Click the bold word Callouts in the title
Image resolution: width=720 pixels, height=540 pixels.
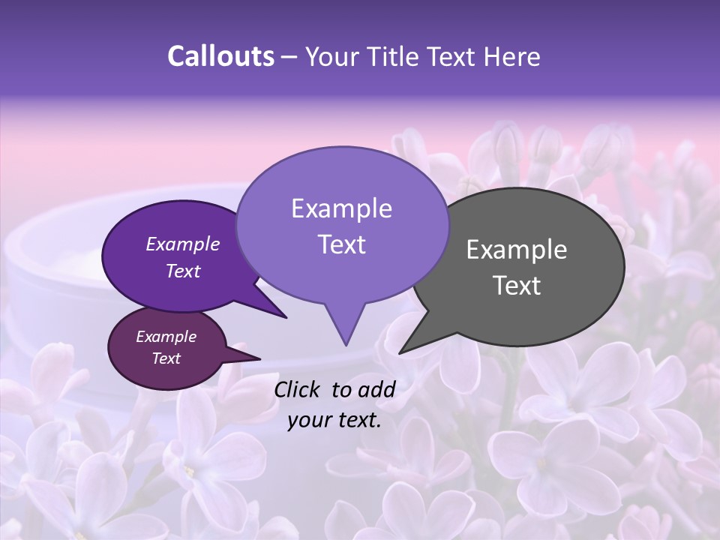click(220, 56)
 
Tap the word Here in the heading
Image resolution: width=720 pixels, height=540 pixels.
click(513, 56)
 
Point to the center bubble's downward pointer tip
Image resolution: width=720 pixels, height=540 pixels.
click(346, 344)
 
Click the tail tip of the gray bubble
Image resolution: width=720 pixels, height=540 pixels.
click(400, 352)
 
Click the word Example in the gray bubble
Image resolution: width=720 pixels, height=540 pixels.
click(517, 250)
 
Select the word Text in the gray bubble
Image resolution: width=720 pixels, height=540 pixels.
click(517, 286)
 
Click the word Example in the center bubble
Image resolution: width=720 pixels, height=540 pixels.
click(341, 208)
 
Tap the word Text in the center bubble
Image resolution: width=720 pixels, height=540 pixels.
click(341, 244)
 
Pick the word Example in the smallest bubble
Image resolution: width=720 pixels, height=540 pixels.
click(166, 337)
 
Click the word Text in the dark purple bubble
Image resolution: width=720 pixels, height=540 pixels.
click(183, 271)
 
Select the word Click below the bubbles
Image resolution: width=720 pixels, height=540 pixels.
click(297, 388)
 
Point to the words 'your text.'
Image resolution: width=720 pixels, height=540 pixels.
click(334, 420)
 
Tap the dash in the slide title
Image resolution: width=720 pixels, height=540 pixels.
click(289, 57)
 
